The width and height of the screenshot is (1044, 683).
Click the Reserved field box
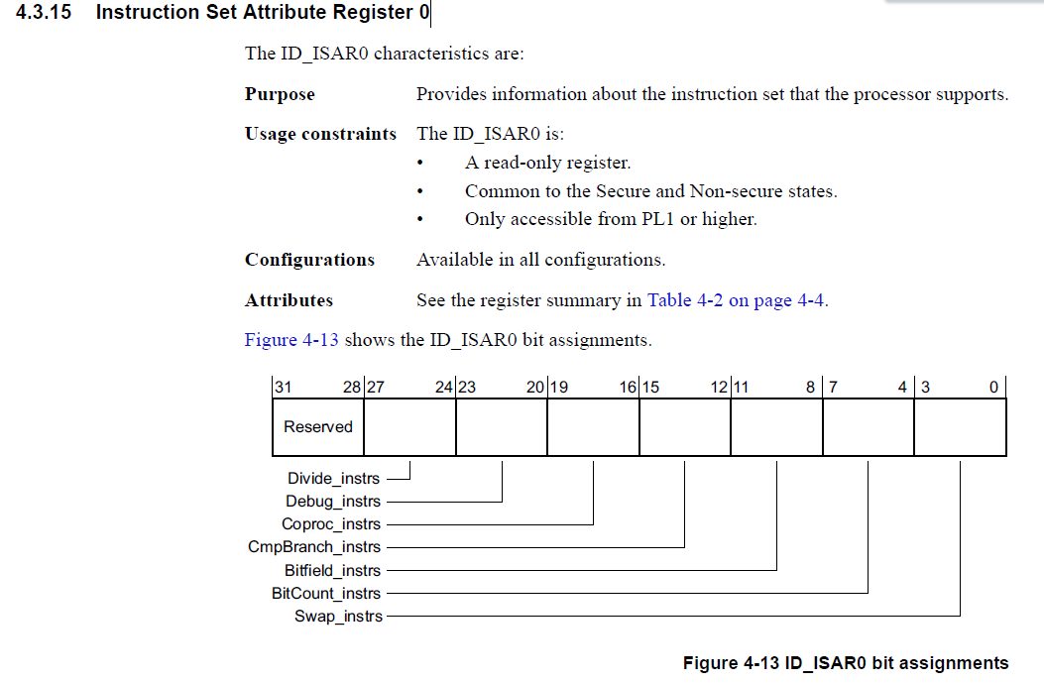point(318,426)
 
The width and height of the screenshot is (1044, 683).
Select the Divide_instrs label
point(333,478)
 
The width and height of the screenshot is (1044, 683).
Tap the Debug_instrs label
point(333,501)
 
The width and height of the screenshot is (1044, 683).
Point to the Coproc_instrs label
point(331,524)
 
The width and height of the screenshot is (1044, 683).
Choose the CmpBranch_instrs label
point(314,546)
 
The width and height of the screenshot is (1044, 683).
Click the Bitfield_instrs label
point(332,571)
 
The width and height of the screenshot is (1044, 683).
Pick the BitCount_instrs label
point(326,593)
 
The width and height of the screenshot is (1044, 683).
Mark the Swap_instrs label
point(338,617)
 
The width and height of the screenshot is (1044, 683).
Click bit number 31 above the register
point(284,387)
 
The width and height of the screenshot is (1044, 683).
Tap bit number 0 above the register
point(993,387)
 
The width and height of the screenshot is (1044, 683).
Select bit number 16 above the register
point(628,387)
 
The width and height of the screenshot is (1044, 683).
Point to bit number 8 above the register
point(810,387)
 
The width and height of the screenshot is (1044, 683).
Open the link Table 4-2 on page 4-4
point(737,300)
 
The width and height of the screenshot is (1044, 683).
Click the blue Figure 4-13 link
point(291,340)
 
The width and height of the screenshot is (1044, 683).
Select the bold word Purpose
point(280,94)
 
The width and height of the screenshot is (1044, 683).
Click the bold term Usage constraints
point(320,134)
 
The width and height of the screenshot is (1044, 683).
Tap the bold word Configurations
point(309,260)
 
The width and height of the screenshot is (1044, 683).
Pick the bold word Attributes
point(289,300)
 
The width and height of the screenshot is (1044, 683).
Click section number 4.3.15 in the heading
point(44,12)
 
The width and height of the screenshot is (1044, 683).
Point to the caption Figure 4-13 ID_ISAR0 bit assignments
point(846,663)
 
